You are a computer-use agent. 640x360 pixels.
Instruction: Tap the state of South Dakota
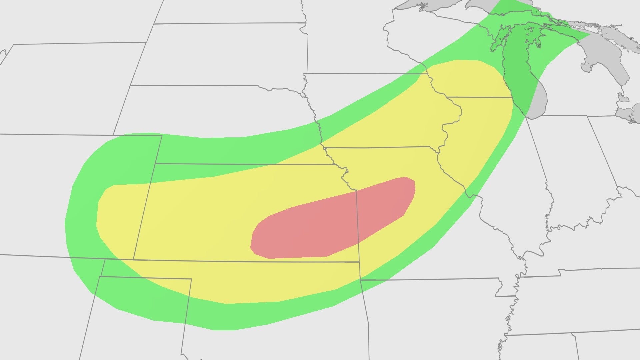click(x=217, y=53)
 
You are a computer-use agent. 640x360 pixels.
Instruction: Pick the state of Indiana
click(x=567, y=167)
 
